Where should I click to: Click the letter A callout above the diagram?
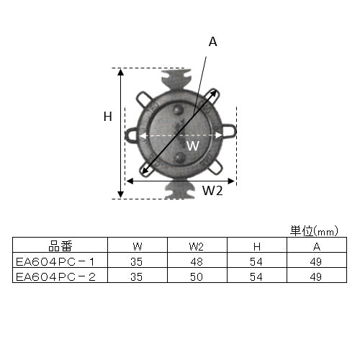(x=213, y=42)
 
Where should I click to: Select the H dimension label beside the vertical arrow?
(x=108, y=117)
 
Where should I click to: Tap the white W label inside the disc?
(x=193, y=145)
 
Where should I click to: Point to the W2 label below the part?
(x=212, y=191)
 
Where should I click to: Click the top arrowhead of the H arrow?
(x=121, y=71)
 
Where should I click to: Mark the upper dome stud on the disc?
(x=178, y=110)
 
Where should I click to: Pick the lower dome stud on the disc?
(x=179, y=157)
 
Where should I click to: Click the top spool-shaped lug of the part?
(x=176, y=78)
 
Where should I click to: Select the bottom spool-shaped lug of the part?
(x=180, y=189)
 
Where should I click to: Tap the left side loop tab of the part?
(x=131, y=134)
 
